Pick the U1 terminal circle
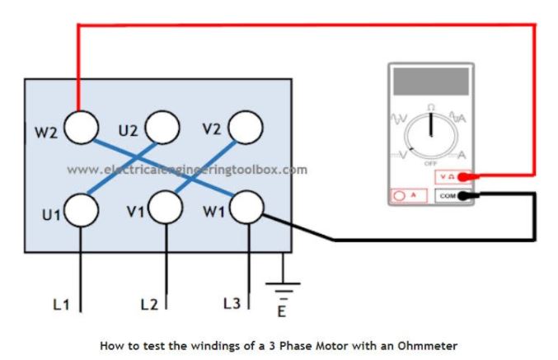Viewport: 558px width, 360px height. (x=82, y=210)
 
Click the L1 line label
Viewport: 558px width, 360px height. (x=60, y=305)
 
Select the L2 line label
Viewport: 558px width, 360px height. (x=148, y=305)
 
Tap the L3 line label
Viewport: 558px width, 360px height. (x=232, y=304)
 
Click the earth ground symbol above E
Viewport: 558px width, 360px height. (x=284, y=291)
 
